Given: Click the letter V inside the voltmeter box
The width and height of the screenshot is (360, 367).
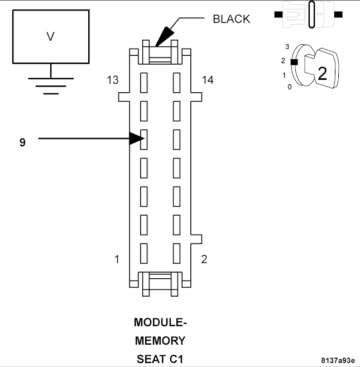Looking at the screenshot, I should [x=50, y=37].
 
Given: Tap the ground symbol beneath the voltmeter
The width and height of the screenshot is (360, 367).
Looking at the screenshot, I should [x=51, y=84].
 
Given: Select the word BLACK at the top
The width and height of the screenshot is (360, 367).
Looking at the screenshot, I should [x=232, y=19].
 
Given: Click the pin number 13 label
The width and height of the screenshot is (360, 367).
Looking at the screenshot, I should [x=113, y=80].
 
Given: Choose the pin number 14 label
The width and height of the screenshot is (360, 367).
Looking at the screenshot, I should [x=208, y=80].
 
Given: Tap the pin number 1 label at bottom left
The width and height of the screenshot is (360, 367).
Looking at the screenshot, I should [x=117, y=260].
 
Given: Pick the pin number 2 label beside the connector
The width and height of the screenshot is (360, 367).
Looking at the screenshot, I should [x=204, y=260].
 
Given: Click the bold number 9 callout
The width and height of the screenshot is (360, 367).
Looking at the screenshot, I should [x=22, y=142].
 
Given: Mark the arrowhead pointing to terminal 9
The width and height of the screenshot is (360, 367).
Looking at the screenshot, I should [x=135, y=138].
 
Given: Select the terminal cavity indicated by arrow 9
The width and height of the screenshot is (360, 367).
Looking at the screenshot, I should [x=143, y=139].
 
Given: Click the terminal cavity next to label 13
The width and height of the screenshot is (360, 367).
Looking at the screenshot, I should [x=143, y=82].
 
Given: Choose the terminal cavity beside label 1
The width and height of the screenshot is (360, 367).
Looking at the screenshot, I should [x=143, y=253].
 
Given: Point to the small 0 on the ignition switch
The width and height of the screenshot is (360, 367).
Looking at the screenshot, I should [x=289, y=87].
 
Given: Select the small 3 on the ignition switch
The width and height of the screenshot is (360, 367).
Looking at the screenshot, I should [x=287, y=47].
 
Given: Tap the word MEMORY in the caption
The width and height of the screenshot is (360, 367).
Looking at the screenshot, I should [x=160, y=340].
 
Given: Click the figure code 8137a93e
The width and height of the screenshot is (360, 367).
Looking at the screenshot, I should [x=337, y=360].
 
